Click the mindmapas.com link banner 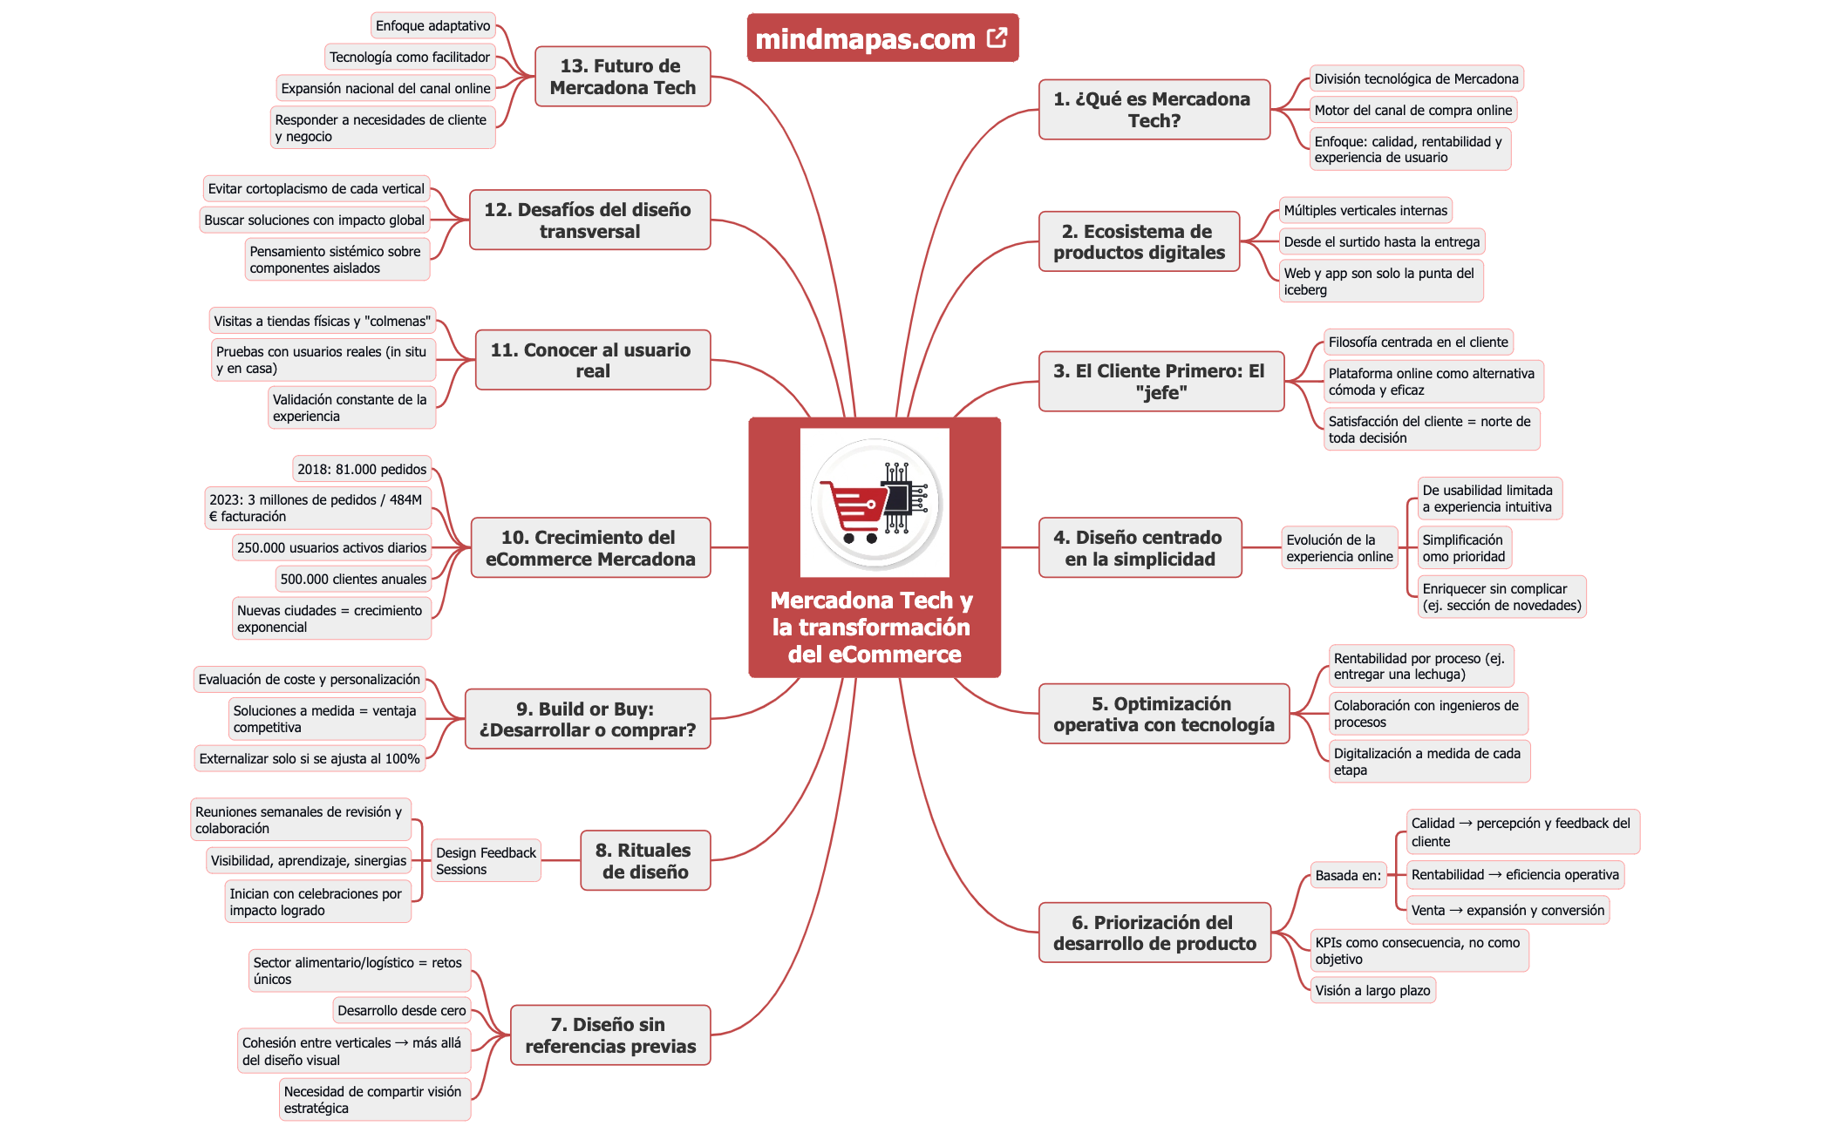(x=865, y=38)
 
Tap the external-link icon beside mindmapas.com (x=997, y=37)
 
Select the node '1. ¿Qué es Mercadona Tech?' (x=1153, y=110)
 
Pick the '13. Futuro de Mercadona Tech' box (x=623, y=77)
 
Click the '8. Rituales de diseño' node (x=644, y=860)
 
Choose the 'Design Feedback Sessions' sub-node (x=486, y=860)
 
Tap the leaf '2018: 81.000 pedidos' (x=361, y=469)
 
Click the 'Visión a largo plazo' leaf (x=1372, y=990)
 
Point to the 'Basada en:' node (x=1348, y=875)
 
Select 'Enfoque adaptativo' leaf (x=432, y=26)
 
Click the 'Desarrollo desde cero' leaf (x=402, y=1010)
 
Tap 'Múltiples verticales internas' (x=1365, y=210)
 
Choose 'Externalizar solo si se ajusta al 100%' (x=310, y=758)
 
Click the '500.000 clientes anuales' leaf (x=353, y=579)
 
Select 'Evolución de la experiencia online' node (x=1339, y=547)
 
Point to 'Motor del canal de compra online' (x=1412, y=110)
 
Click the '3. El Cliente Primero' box (x=1160, y=381)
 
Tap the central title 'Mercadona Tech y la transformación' (x=874, y=627)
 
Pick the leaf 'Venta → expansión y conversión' (x=1508, y=910)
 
